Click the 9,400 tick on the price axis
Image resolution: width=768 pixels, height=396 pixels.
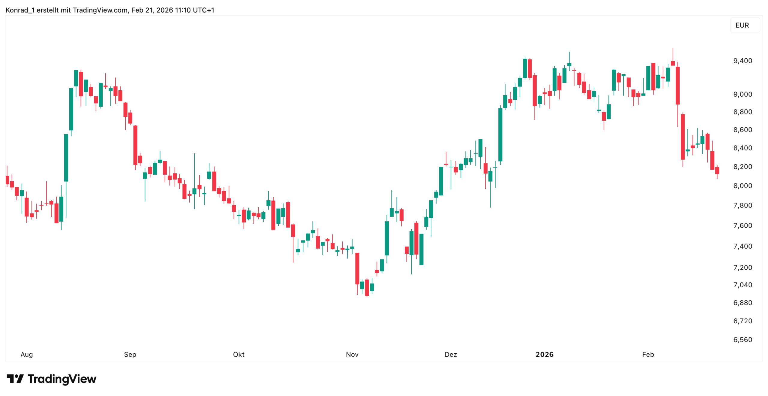tap(742, 61)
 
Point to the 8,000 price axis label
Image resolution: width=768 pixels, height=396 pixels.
tap(742, 186)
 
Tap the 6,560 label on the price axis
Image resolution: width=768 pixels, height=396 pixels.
tap(742, 340)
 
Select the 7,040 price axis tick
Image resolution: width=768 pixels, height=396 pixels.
tap(742, 285)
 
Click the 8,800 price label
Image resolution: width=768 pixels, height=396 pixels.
tap(742, 112)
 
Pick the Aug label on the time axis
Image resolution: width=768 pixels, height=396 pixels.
tap(26, 354)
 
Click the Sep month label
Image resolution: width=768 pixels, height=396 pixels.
tap(130, 354)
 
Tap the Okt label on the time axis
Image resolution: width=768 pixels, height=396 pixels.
tap(238, 354)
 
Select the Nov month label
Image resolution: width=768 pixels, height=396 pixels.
tap(352, 354)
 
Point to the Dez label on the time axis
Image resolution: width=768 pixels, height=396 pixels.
tap(450, 354)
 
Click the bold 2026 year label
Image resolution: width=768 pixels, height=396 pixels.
tap(544, 354)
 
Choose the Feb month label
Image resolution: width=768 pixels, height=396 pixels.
tap(648, 354)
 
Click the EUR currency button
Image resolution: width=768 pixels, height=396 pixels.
tap(742, 25)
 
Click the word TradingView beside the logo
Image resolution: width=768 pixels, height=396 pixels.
tap(62, 379)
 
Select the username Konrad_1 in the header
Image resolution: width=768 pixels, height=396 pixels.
tap(20, 10)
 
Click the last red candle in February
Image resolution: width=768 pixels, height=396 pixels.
tap(717, 171)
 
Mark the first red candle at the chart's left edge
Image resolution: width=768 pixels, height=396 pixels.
tap(7, 180)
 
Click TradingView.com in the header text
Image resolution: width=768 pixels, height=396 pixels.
tap(100, 10)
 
